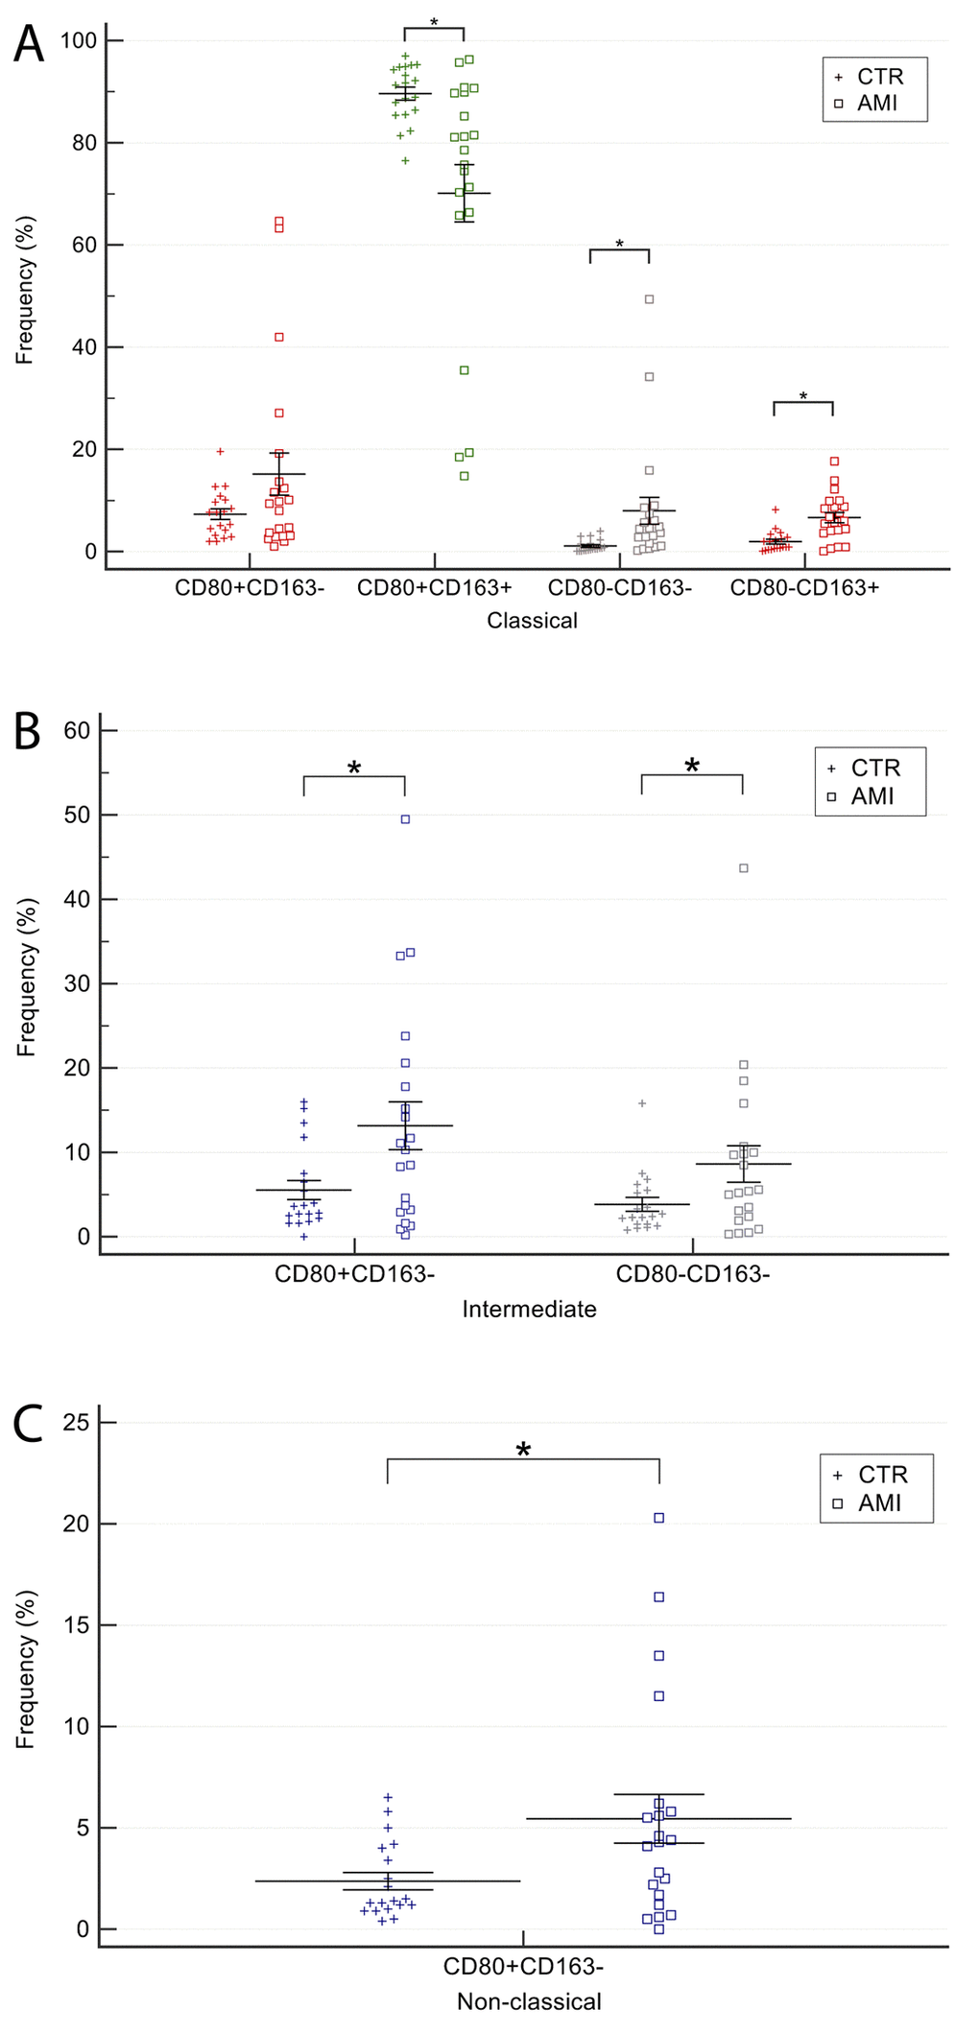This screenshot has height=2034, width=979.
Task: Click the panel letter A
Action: coord(29,44)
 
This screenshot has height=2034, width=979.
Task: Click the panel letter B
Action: coord(27,731)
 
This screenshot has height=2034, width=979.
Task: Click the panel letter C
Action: coord(29,1424)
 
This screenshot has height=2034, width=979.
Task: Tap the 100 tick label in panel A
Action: coord(78,40)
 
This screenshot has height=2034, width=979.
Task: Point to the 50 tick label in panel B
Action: coord(77,816)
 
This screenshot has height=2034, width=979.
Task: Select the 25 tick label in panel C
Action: coord(76,1422)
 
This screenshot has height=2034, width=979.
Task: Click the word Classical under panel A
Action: coord(532,621)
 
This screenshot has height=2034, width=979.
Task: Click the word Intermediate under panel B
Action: coord(529,1309)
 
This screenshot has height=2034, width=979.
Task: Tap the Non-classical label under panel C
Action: coord(529,2001)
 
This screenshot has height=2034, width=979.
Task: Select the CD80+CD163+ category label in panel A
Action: coord(434,587)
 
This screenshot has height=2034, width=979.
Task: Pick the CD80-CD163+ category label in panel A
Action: coord(804,587)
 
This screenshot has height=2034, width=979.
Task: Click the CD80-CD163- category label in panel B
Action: coord(692,1274)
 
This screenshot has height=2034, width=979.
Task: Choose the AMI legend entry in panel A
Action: coord(876,103)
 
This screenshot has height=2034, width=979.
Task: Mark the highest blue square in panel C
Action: coord(659,1518)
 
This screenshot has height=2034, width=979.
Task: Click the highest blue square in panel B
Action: coord(405,819)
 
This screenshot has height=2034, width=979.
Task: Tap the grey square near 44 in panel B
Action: coord(743,868)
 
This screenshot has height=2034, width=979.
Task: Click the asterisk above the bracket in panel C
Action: coord(523,1450)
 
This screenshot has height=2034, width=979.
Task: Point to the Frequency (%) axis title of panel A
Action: coord(25,290)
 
